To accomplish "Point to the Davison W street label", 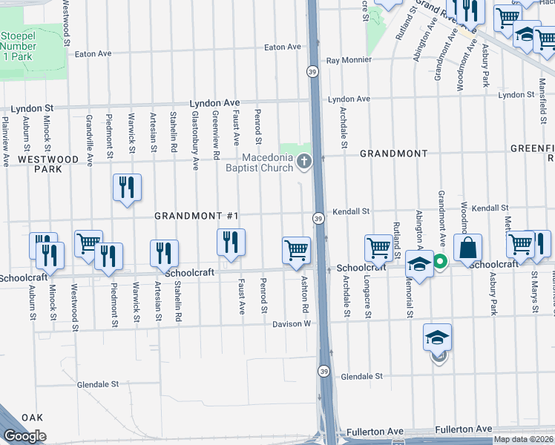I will [289, 324].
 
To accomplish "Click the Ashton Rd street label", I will [304, 291].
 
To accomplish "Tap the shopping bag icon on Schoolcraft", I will [468, 249].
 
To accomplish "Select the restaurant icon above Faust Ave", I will [231, 241].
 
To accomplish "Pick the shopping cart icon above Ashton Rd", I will [296, 250].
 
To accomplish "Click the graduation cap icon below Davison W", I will [438, 337].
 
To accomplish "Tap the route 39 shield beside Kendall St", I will [318, 218].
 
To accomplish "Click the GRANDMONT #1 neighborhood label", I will [196, 216].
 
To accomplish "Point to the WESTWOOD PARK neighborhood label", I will [48, 164].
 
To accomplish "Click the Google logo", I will [24, 436].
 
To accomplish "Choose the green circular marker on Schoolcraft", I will [440, 261].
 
